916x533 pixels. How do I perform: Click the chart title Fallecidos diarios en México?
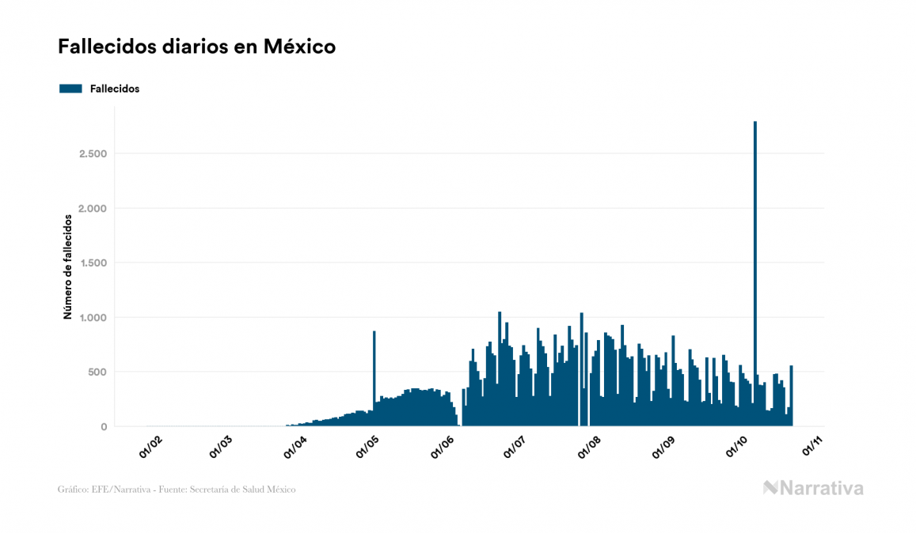(196, 47)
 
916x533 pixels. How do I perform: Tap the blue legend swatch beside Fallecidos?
(70, 89)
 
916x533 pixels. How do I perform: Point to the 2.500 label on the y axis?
(93, 153)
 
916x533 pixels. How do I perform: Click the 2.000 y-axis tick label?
(93, 208)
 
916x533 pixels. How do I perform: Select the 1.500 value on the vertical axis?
(93, 263)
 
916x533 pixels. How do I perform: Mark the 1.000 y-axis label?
(93, 317)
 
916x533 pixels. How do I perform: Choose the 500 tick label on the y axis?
(97, 372)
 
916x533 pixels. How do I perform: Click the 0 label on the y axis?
(103, 427)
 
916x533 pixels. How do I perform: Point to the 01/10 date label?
(739, 447)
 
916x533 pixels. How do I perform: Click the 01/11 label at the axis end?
(814, 447)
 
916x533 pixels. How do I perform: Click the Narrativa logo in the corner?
(813, 488)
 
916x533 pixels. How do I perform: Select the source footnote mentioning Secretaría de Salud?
(177, 490)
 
